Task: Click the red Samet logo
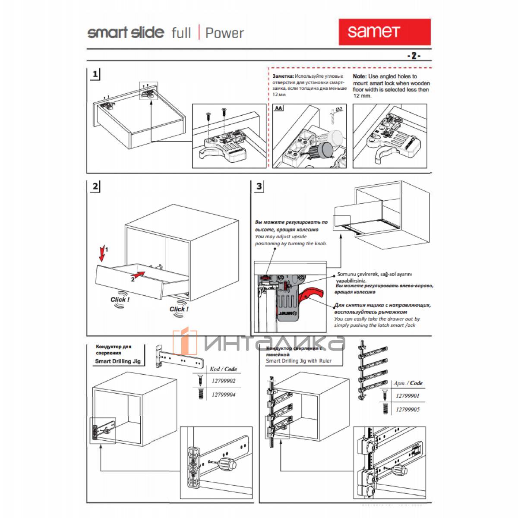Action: point(384,32)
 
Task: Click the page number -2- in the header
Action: point(413,56)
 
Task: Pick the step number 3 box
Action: point(259,186)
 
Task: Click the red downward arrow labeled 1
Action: point(102,254)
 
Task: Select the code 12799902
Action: point(223,381)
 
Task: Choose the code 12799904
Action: point(223,395)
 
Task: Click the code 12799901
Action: point(407,395)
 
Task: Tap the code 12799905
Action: point(407,409)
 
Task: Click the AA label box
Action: point(279,108)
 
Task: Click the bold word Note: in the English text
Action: point(360,76)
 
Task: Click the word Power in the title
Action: point(224,33)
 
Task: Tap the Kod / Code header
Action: point(223,369)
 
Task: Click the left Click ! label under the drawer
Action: point(120,300)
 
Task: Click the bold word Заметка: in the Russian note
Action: point(283,76)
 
